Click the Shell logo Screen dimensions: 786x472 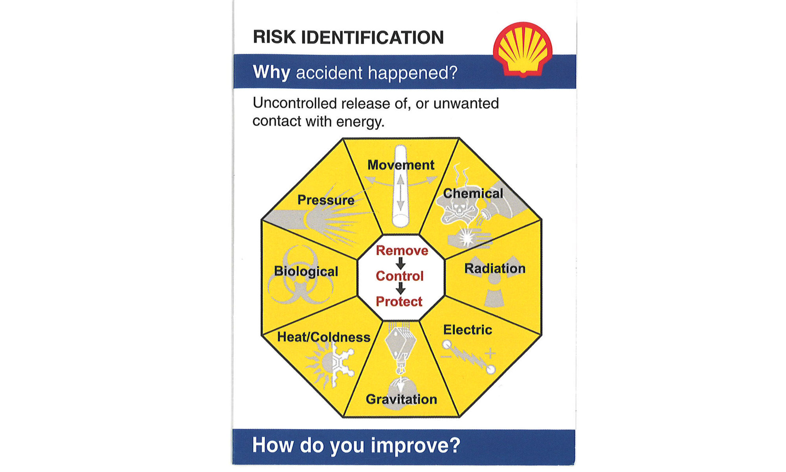(523, 49)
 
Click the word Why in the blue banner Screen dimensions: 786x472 (272, 72)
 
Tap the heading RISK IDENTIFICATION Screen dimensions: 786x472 (348, 37)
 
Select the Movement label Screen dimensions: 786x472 (401, 165)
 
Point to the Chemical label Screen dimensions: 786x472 (473, 193)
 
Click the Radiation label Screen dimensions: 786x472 (495, 268)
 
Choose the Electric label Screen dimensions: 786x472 (468, 330)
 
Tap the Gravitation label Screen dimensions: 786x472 (401, 399)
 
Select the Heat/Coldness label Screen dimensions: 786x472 (324, 337)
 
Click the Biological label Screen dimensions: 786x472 (306, 271)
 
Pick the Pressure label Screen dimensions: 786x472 (326, 200)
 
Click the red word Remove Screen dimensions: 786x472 (402, 251)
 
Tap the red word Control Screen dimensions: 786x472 (400, 276)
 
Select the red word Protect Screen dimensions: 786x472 (399, 302)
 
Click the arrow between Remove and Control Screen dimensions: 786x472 (400, 263)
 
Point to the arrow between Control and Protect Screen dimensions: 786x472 (400, 289)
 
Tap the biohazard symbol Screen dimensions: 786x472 (301, 275)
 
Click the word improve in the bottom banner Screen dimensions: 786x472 (415, 446)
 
